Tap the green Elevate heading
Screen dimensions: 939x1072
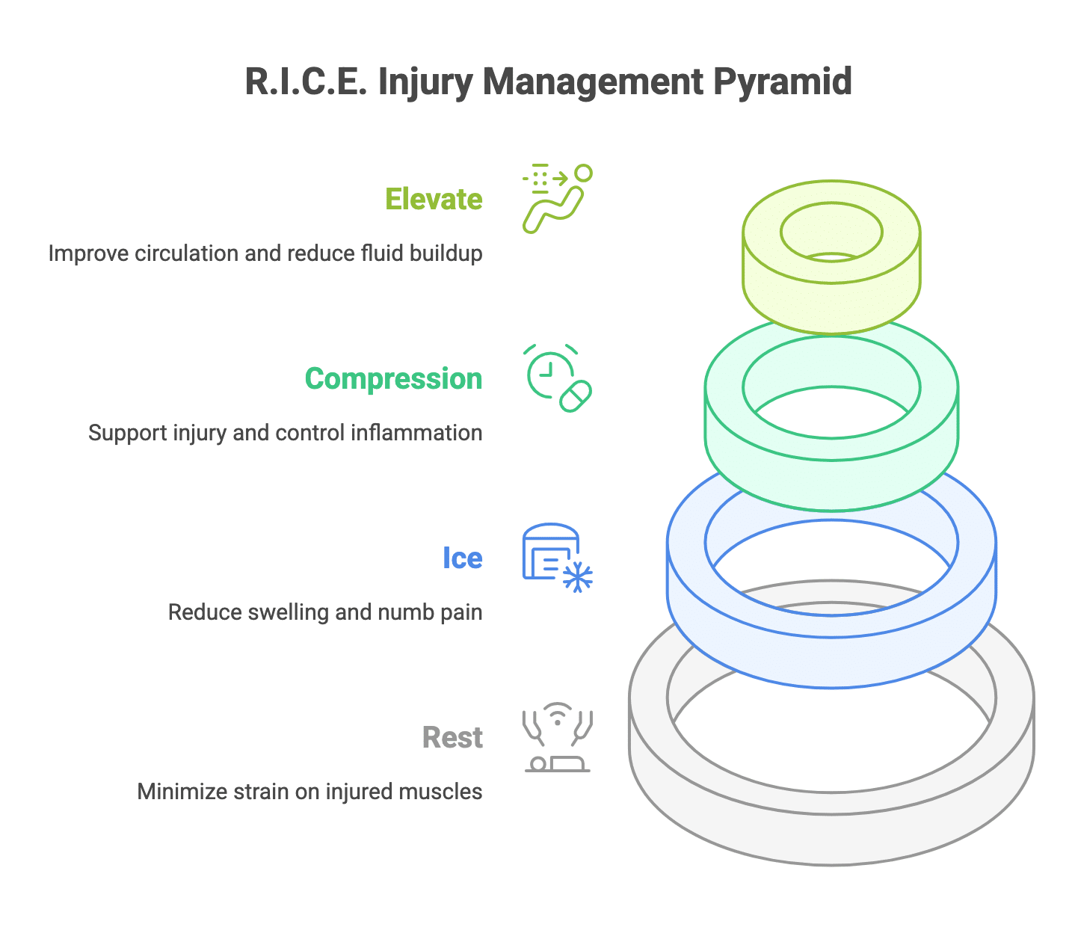coord(434,200)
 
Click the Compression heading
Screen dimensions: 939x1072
coord(393,379)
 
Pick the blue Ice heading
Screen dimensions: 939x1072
coord(462,558)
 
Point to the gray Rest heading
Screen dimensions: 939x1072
coord(452,738)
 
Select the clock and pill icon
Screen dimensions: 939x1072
coord(557,378)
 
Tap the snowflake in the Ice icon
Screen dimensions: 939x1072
coord(578,578)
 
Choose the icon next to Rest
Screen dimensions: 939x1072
coord(557,737)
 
